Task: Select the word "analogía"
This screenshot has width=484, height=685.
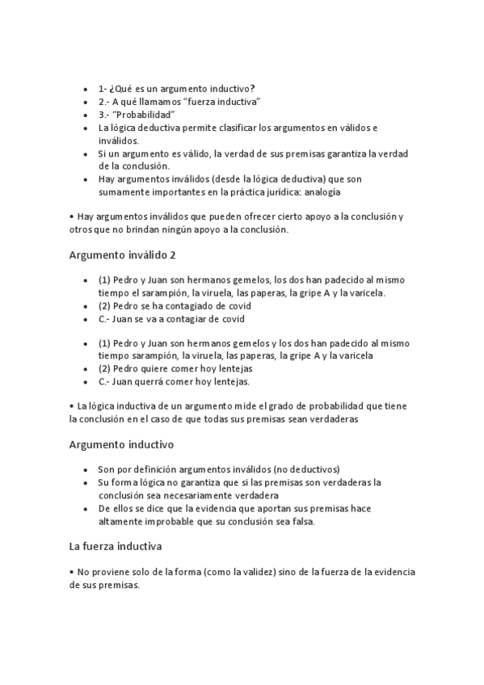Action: (x=319, y=192)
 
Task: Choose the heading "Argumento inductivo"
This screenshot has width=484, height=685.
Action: (x=121, y=444)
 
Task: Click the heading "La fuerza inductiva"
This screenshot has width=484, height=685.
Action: (x=116, y=546)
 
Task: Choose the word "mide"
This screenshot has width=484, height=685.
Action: (x=255, y=406)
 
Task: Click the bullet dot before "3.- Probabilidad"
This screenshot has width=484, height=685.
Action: (x=86, y=114)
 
